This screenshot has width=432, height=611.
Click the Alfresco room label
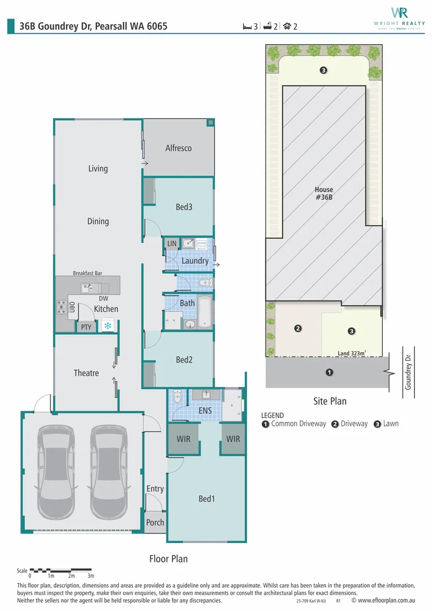tap(178, 148)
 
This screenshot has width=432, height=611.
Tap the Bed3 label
tap(184, 207)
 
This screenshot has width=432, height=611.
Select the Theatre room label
tap(86, 373)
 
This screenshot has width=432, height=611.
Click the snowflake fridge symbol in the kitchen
tap(106, 326)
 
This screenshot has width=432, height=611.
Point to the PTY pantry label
tap(85, 326)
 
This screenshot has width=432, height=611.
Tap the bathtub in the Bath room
tap(204, 312)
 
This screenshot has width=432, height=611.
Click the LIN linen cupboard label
tap(172, 244)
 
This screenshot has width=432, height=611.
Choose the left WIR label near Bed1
tap(183, 438)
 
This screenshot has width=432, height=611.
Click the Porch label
tap(155, 523)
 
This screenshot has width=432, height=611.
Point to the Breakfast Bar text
tap(87, 273)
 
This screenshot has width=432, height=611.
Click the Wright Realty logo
tap(399, 17)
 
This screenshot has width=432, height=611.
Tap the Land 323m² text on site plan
tap(352, 353)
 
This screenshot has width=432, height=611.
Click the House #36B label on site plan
tap(324, 193)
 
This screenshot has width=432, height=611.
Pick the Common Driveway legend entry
tap(294, 424)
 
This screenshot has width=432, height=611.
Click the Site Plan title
tap(330, 401)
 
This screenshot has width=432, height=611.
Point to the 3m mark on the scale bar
tap(90, 575)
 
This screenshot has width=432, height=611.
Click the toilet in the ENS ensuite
tap(177, 398)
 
